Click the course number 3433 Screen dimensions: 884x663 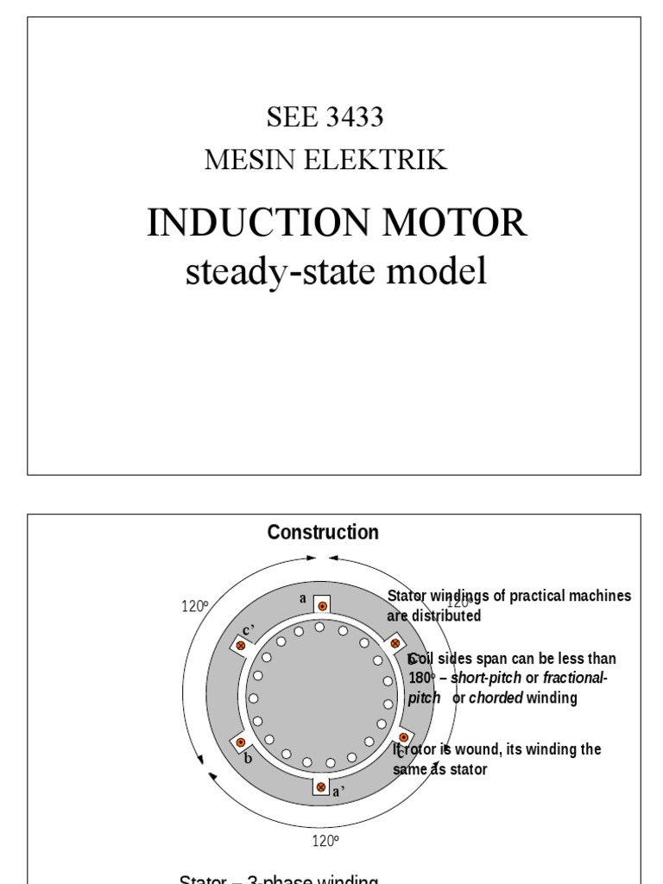355,118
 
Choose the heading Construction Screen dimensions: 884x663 323,533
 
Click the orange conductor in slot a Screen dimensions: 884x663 322,606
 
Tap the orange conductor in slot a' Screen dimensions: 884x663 321,787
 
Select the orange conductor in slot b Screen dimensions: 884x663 241,742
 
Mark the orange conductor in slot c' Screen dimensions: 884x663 241,645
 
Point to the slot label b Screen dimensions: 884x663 248,759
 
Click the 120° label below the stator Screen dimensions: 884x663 325,841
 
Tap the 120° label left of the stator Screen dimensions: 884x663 195,606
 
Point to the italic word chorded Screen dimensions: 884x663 496,698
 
